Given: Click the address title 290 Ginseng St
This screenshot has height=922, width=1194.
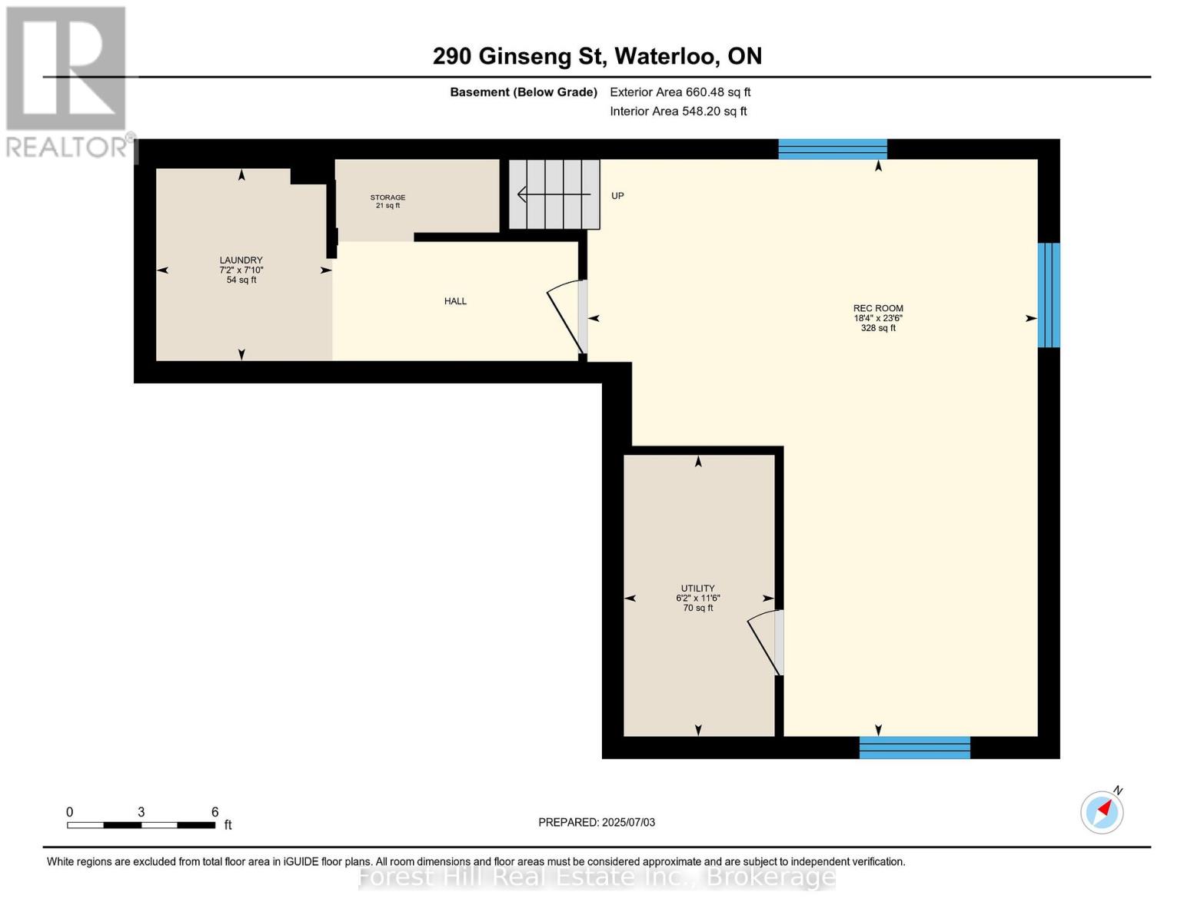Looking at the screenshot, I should tap(597, 56).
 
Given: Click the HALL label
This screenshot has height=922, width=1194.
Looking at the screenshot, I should tap(455, 301).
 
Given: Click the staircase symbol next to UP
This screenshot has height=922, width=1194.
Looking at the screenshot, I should tap(554, 194).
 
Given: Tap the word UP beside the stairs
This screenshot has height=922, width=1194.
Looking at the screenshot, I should tap(617, 196).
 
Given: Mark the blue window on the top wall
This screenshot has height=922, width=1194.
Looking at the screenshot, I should tap(833, 149).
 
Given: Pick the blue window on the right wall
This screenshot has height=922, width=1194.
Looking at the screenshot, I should tap(1049, 295).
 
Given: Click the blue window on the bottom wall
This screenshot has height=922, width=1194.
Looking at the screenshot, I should tap(914, 748).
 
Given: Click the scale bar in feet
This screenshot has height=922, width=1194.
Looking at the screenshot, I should tap(141, 824).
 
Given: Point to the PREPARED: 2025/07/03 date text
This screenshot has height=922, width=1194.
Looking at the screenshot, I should tap(597, 822).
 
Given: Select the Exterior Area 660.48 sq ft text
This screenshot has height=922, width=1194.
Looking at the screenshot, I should tap(680, 92).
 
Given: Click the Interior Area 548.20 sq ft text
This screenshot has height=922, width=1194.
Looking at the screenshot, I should tap(678, 111).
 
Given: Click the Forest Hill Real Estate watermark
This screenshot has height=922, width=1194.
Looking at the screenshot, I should tap(597, 877).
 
